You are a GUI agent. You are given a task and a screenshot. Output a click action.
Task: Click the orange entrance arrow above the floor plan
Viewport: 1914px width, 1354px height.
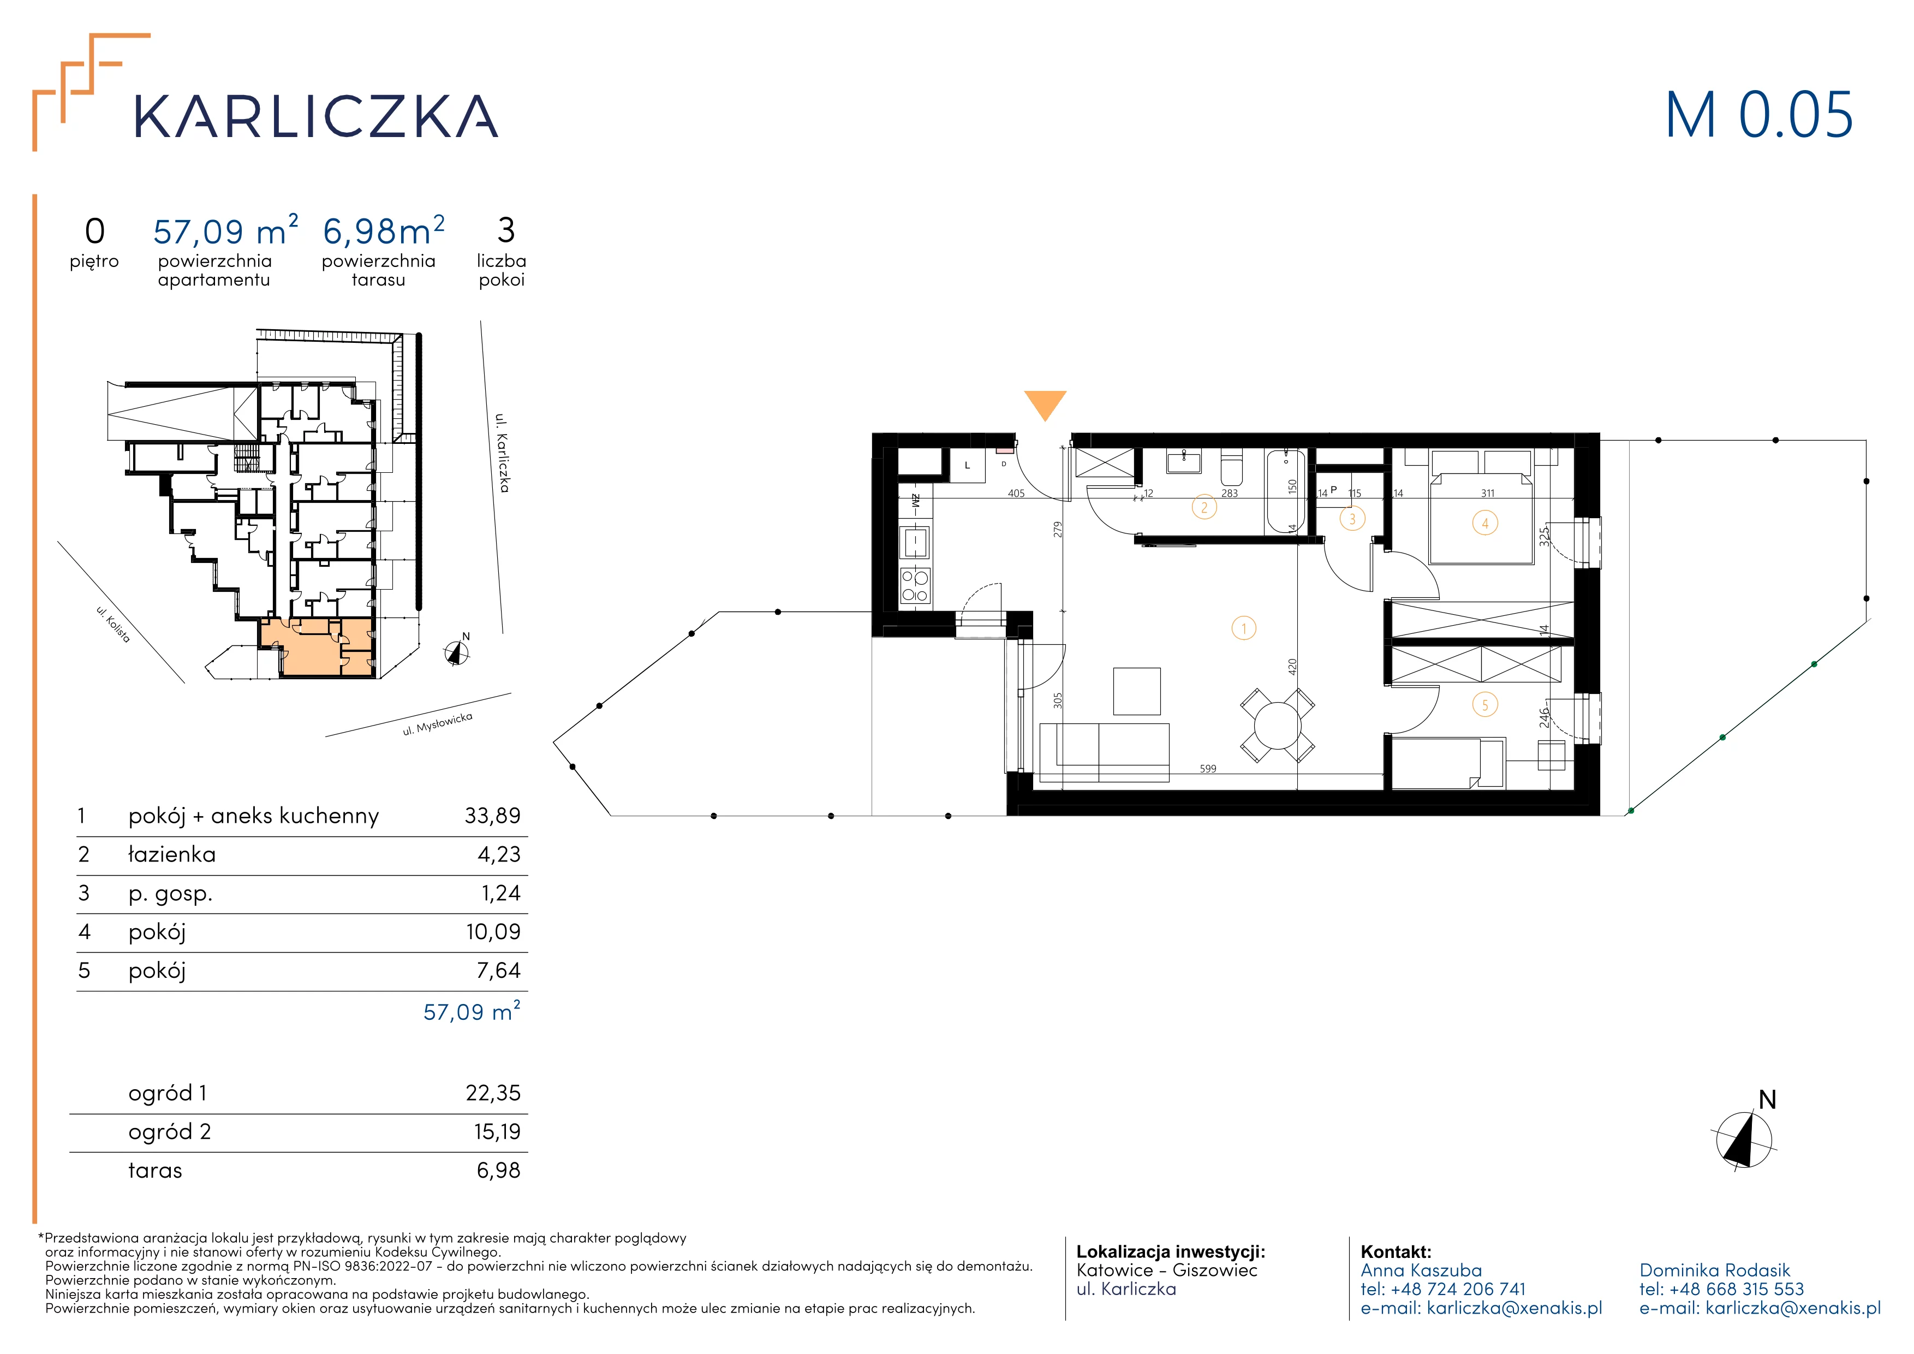tap(1045, 405)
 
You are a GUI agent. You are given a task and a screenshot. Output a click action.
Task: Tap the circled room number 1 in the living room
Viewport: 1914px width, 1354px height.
tap(1244, 628)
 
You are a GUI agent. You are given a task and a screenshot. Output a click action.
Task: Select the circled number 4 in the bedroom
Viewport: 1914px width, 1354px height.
tap(1484, 524)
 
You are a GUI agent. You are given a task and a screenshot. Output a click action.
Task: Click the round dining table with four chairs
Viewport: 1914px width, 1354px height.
tap(1277, 724)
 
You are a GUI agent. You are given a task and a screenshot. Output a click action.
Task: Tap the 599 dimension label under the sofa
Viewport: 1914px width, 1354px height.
tap(1208, 769)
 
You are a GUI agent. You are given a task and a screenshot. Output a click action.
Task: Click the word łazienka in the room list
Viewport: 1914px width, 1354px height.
tap(172, 854)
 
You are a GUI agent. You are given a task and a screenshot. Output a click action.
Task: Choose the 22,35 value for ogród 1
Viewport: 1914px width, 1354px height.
tap(493, 1093)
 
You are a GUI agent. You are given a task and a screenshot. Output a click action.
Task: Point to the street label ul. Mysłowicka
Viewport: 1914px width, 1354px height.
tap(438, 724)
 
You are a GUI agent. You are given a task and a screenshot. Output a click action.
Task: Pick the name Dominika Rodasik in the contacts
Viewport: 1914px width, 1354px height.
tap(1715, 1270)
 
